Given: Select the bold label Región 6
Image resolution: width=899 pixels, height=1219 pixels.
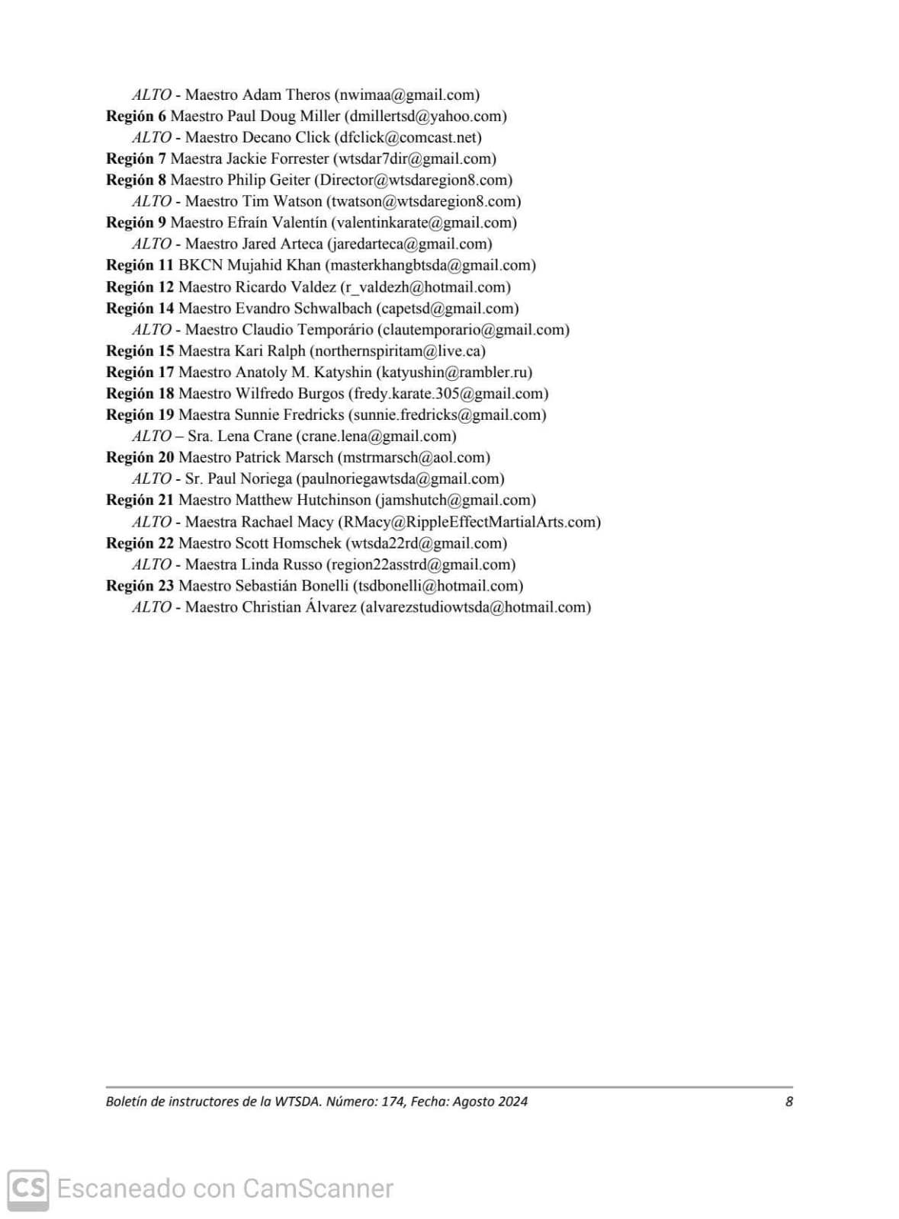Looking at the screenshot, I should pyautogui.click(x=136, y=117).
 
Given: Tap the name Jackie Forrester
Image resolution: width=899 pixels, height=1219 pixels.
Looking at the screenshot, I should pyautogui.click(x=277, y=159).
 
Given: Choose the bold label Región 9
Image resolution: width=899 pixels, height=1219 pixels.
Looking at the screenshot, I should pyautogui.click(x=136, y=223).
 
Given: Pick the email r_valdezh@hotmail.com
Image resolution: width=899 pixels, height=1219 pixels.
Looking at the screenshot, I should pyautogui.click(x=425, y=287).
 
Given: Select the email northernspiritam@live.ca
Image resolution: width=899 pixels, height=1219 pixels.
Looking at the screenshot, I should pyautogui.click(x=397, y=351).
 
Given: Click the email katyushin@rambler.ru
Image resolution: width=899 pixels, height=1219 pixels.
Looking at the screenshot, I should pyautogui.click(x=454, y=373).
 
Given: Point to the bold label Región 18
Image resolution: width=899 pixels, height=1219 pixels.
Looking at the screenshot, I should pyautogui.click(x=140, y=394).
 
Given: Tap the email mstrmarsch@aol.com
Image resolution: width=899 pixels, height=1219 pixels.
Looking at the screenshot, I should pyautogui.click(x=413, y=458).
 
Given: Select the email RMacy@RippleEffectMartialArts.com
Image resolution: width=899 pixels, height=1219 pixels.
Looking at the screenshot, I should pyautogui.click(x=469, y=523).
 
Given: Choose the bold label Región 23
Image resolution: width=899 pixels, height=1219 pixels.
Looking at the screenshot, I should pyautogui.click(x=140, y=587).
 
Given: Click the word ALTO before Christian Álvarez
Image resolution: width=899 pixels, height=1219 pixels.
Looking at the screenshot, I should pyautogui.click(x=151, y=608).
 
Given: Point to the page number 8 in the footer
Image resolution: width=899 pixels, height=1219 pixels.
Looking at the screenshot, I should pyautogui.click(x=789, y=1102).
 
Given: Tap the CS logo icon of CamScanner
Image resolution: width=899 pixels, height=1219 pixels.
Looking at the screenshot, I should pyautogui.click(x=28, y=1189).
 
